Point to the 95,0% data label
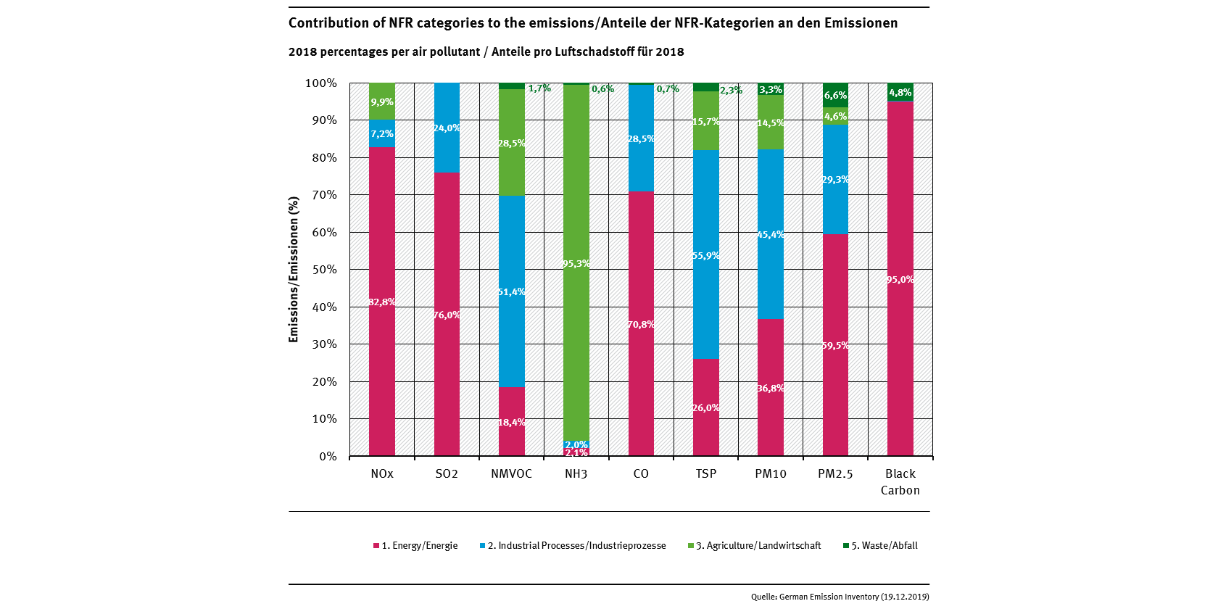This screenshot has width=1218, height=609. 900,279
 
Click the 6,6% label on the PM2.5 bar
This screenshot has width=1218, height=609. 835,95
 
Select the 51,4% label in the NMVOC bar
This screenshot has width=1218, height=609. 511,291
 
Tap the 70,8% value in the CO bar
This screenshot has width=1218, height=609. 641,324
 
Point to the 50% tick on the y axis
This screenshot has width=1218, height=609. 324,270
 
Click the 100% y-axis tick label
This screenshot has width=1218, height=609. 321,83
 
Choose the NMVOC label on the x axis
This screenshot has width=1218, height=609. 511,473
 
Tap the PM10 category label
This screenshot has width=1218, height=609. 770,473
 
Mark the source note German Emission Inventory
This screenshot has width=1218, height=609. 840,597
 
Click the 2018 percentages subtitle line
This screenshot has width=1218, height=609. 486,52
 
